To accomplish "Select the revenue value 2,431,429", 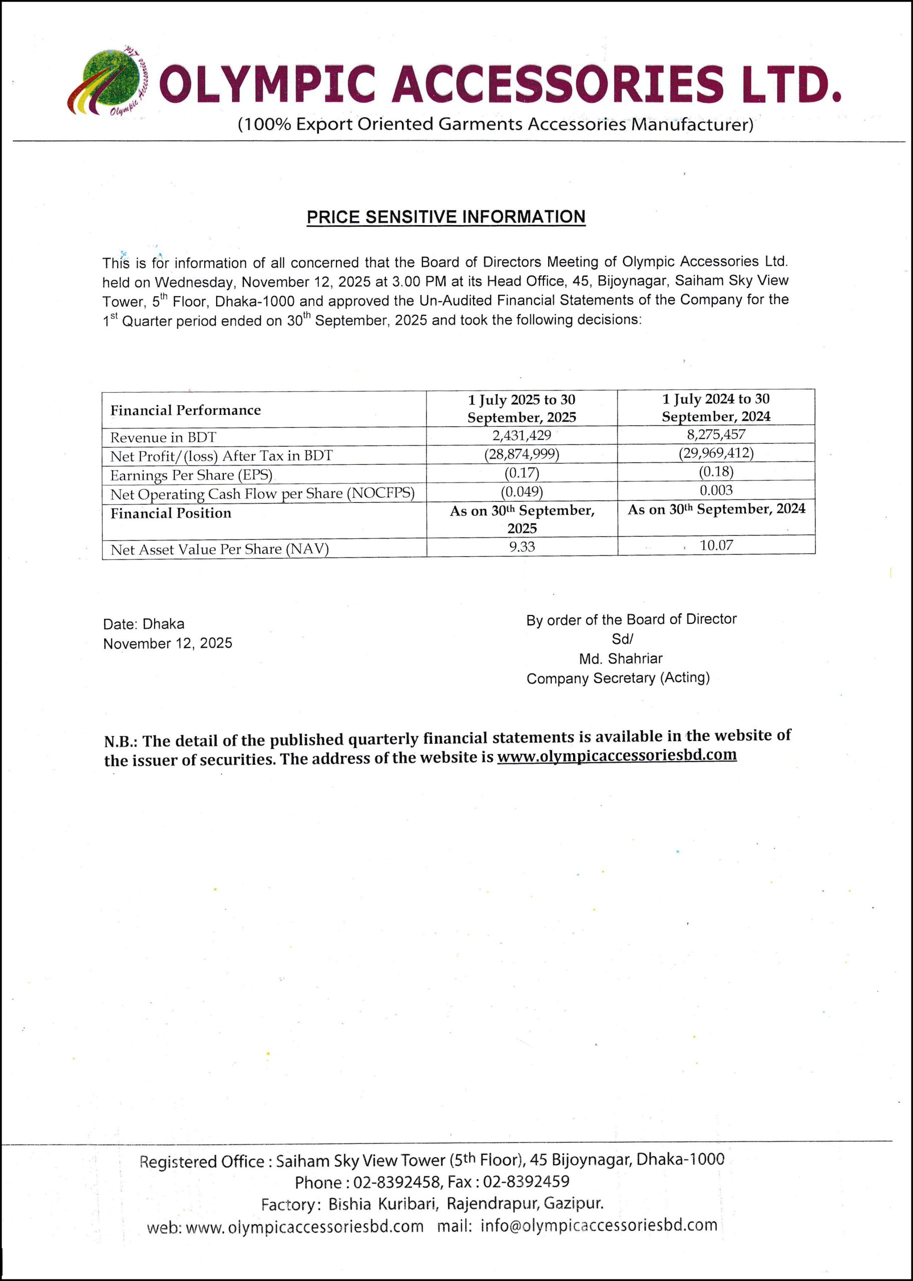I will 522,435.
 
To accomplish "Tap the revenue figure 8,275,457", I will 716,434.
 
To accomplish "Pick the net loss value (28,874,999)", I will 522,454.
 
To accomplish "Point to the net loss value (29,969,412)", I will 716,453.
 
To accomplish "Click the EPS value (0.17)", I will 522,473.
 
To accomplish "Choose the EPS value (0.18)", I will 716,471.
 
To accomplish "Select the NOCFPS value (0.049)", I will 522,491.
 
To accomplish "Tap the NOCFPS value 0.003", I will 716,490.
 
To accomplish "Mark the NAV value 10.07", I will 716,545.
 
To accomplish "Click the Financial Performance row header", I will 186,411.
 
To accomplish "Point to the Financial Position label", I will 171,513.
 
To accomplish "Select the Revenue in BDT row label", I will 163,438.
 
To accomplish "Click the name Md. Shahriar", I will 621,659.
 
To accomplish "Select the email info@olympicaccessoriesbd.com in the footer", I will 599,1225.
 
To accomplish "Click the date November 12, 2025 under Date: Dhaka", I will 168,644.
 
